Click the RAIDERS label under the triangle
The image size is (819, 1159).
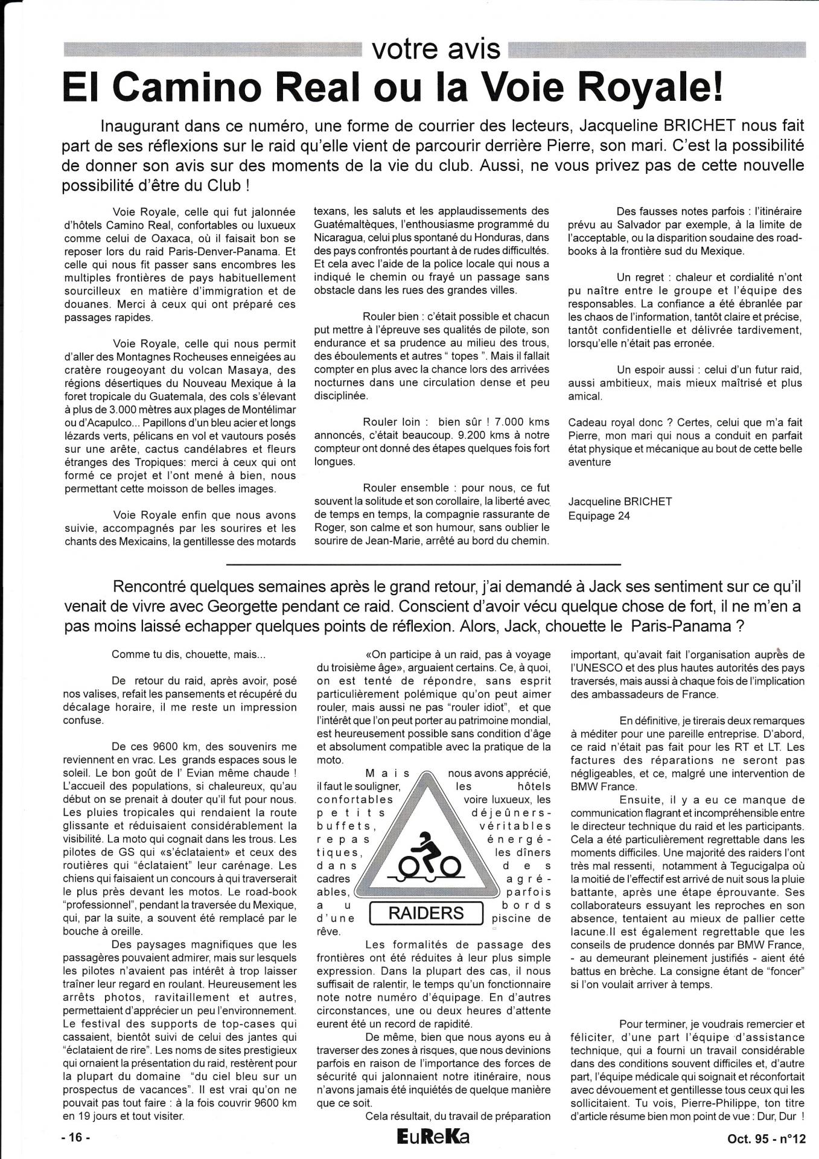coord(426,912)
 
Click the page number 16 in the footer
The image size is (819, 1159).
coord(77,1138)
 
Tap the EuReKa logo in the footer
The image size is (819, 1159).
coord(425,1137)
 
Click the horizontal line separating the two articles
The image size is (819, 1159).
coord(424,564)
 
